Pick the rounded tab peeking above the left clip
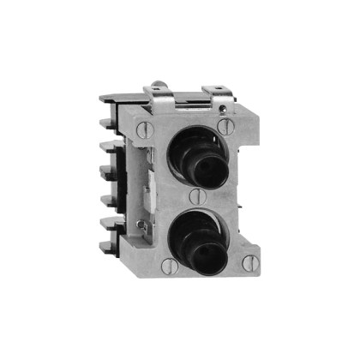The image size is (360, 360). point(158,85)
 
